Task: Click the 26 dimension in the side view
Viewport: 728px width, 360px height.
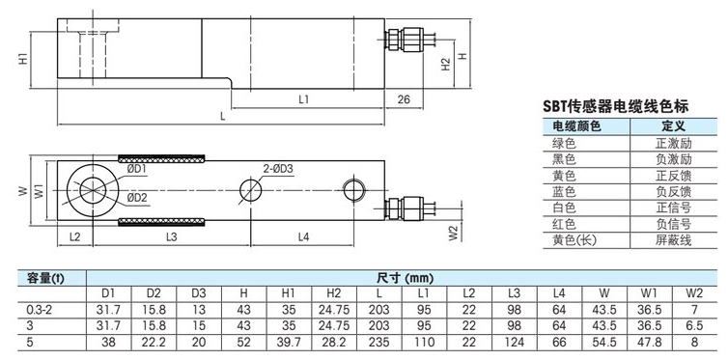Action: pos(404,99)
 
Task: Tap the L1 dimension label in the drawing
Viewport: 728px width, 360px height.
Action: pos(304,99)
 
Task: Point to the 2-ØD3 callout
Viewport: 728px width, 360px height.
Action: pos(278,169)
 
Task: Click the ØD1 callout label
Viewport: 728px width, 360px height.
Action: pos(137,170)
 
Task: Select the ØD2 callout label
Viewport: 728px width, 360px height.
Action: pos(137,198)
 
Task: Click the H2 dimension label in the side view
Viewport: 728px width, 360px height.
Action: pos(446,64)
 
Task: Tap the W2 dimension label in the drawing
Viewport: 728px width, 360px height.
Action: pos(454,233)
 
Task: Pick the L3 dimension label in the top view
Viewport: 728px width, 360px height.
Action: pos(172,236)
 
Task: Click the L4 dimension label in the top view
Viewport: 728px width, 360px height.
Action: pos(303,236)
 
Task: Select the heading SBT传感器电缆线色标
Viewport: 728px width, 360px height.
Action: pos(616,107)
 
